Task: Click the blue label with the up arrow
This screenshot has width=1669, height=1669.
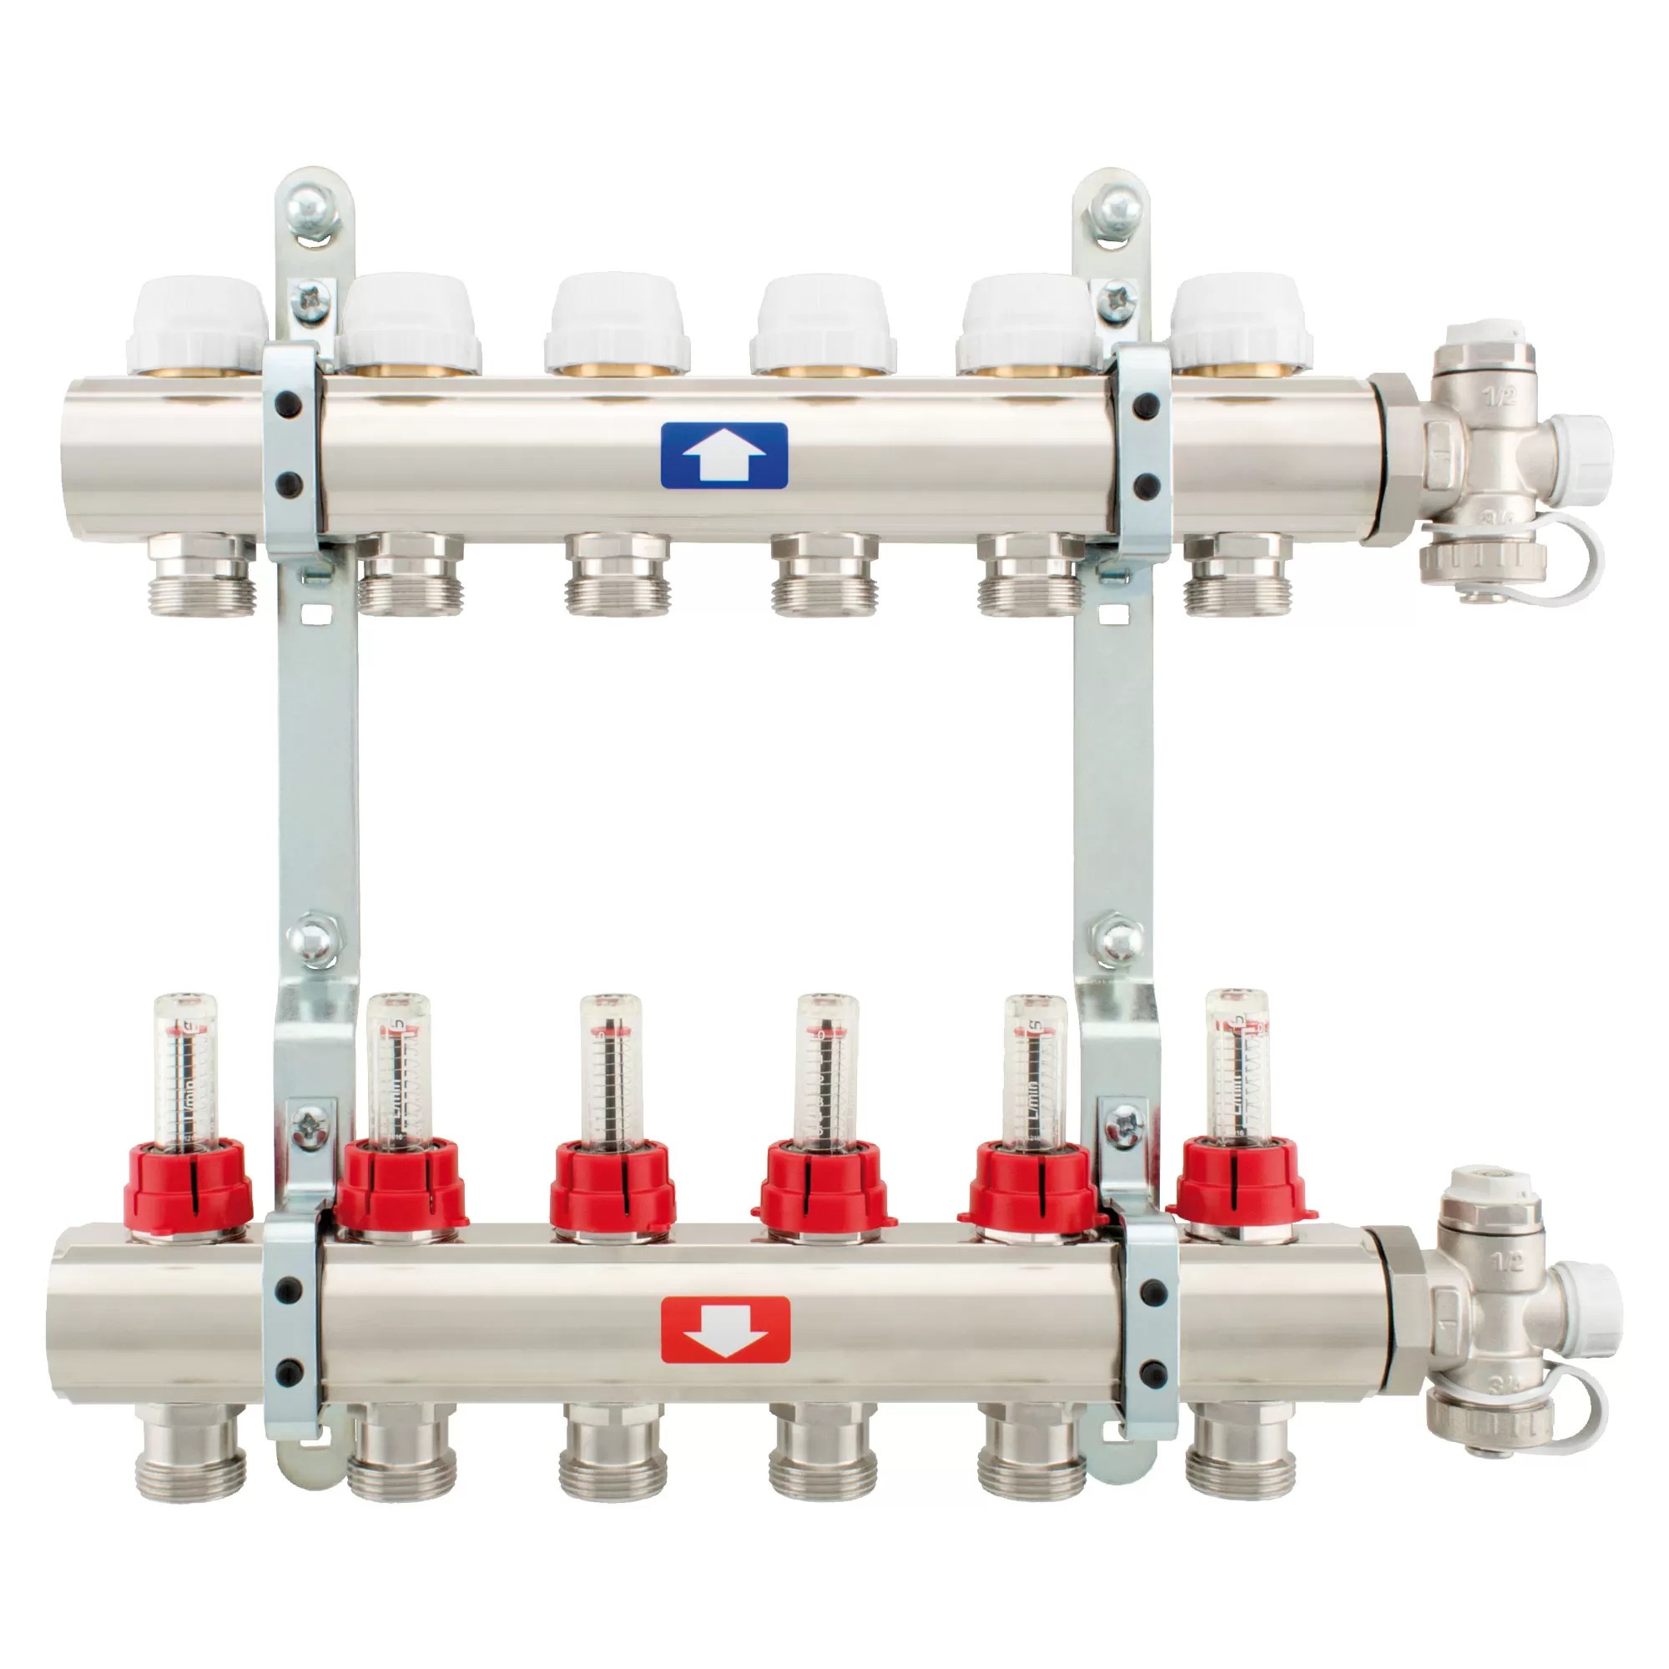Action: coord(723,456)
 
